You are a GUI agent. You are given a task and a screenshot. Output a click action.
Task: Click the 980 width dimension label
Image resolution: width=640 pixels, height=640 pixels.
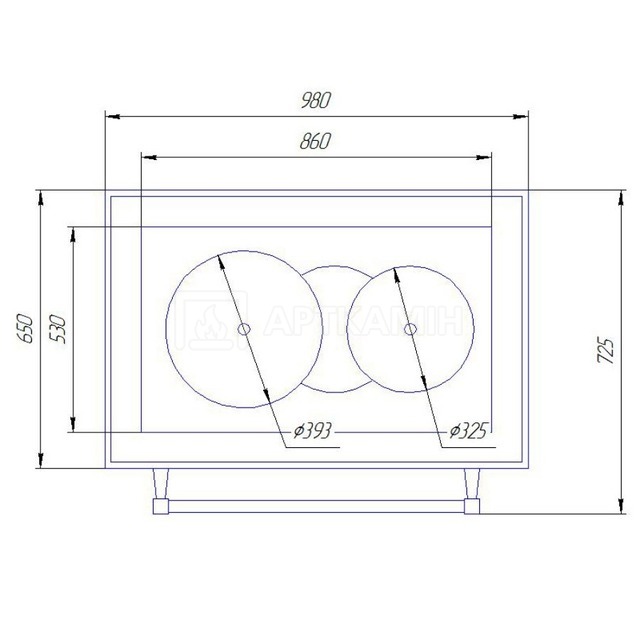tap(315, 100)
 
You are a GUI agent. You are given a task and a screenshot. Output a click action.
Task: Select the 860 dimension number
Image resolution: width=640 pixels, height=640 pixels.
tap(315, 141)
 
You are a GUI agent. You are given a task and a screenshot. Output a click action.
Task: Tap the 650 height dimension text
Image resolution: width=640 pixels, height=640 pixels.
tap(25, 329)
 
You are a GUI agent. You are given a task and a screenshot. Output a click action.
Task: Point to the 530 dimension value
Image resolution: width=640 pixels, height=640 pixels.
tap(58, 329)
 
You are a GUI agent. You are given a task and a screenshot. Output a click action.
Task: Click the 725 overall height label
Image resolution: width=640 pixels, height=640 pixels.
tap(605, 351)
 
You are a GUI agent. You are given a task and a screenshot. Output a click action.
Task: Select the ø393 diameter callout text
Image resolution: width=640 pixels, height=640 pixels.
tap(313, 431)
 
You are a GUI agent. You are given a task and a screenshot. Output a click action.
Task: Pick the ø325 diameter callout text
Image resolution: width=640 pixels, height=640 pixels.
tap(468, 431)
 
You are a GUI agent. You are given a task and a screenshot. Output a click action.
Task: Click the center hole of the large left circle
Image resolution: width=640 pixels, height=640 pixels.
tap(244, 329)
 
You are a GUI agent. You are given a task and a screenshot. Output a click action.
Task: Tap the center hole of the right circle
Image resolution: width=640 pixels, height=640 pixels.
tap(410, 329)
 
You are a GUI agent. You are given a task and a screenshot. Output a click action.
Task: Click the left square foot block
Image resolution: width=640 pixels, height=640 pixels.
tap(160, 507)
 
